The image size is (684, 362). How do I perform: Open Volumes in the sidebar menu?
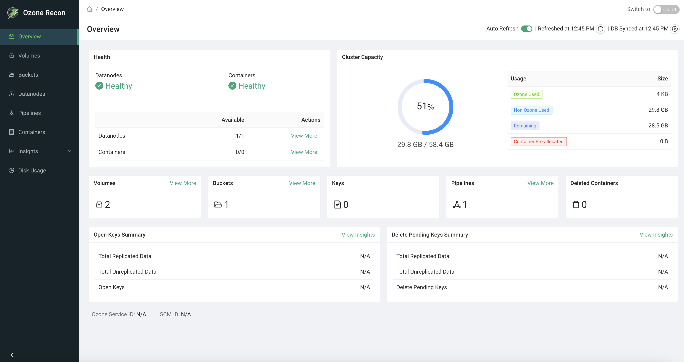[29, 56]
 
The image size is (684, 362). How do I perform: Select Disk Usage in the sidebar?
[32, 170]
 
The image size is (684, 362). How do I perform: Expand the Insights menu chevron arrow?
[70, 151]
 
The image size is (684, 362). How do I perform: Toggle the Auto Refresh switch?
[527, 29]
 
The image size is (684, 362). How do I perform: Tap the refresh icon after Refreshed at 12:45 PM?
[600, 29]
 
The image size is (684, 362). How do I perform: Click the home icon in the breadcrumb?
[90, 9]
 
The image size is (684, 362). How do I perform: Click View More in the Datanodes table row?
[304, 136]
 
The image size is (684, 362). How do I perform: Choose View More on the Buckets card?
[302, 183]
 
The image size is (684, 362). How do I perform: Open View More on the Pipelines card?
[540, 183]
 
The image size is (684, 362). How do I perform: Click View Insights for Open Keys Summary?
[358, 235]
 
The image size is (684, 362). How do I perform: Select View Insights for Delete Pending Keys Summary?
[656, 235]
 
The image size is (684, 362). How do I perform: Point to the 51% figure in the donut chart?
[425, 106]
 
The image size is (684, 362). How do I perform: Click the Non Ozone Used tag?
[531, 110]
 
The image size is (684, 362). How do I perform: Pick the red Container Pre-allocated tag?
[538, 142]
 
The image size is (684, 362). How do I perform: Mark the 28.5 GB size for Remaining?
[658, 126]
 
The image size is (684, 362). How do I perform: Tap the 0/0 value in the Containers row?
[240, 152]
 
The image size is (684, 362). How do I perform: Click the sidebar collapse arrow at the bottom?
[12, 355]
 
